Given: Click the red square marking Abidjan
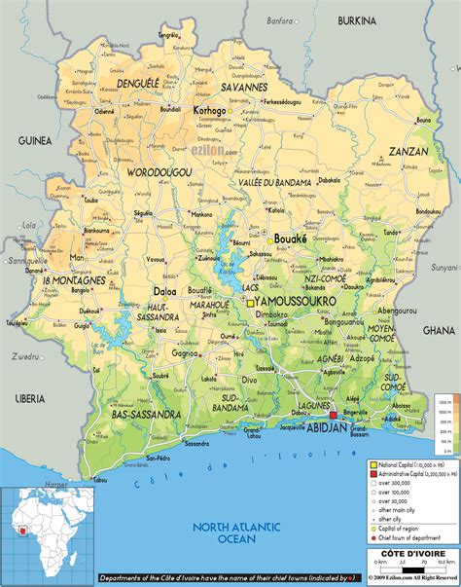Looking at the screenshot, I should point(333,416).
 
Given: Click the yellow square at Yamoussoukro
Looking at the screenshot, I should point(250,302).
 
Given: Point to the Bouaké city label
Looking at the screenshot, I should point(290,238).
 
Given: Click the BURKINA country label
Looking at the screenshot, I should point(357,20).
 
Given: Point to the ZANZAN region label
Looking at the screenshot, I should point(408,152).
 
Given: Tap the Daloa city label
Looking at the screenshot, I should point(164,291).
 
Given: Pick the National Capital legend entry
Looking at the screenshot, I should point(407,465).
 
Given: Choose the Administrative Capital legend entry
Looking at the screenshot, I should point(407,474).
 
